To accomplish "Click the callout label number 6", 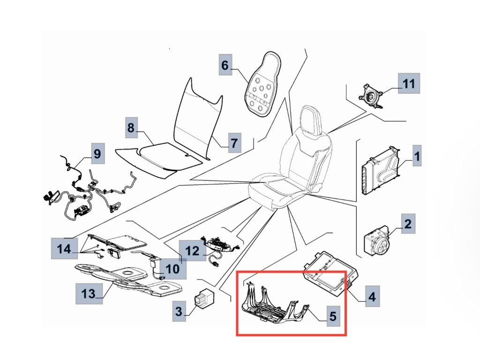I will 225,65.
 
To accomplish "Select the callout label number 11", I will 409,84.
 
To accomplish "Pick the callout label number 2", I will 408,224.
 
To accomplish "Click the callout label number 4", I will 372,297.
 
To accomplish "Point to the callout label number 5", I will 332,317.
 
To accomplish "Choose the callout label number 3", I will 179,311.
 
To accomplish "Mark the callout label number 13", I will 88,294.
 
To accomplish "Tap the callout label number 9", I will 97,153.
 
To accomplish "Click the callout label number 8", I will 131,127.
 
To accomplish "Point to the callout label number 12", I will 192,251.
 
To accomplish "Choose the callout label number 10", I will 172,269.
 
